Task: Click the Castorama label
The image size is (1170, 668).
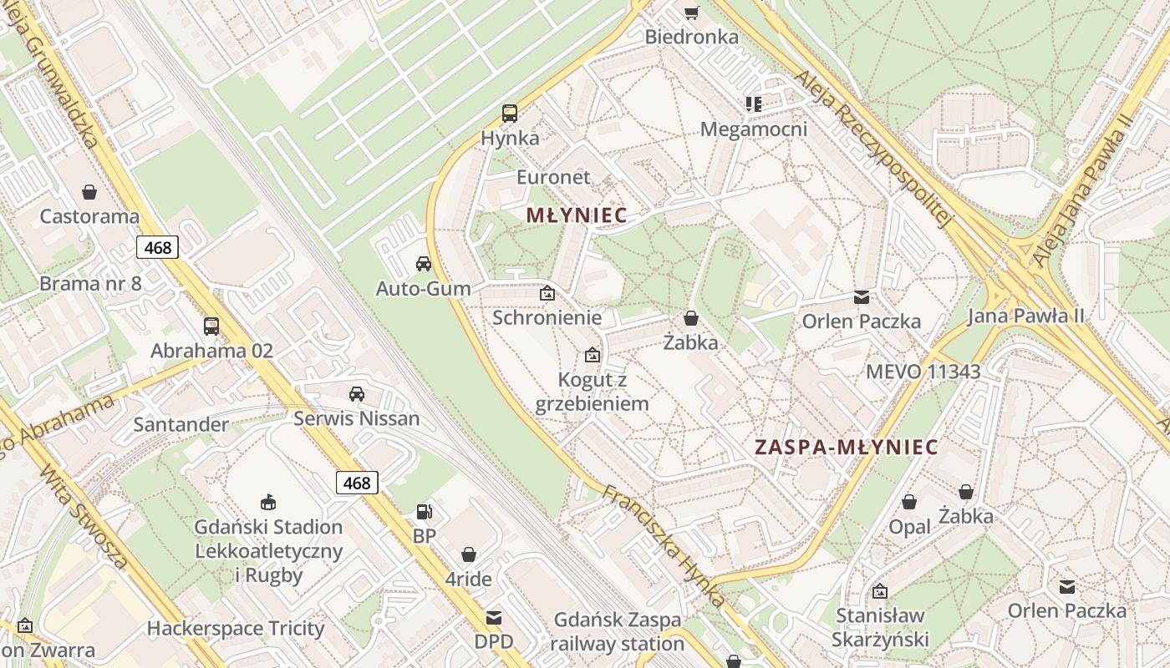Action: tap(89, 216)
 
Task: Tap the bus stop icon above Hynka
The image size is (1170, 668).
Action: tap(509, 114)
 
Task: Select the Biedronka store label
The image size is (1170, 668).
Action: tap(692, 37)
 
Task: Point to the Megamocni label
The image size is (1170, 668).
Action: tap(754, 129)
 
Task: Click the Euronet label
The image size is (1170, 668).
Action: tap(553, 177)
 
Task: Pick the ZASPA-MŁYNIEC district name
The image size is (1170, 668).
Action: tap(847, 447)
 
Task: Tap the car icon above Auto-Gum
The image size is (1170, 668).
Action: tap(424, 264)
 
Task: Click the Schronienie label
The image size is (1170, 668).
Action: tap(547, 317)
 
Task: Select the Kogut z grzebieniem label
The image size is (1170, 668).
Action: tap(592, 392)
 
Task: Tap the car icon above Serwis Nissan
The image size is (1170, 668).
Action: tap(357, 393)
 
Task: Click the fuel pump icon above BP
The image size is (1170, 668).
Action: tap(425, 511)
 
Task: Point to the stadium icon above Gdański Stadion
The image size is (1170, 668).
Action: tap(268, 502)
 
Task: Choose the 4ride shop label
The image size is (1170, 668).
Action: tap(468, 579)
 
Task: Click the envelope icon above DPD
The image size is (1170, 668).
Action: tap(494, 618)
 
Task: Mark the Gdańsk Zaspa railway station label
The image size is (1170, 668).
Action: tap(618, 632)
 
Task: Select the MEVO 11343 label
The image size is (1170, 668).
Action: tap(923, 372)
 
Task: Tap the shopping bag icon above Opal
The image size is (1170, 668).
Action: tap(909, 502)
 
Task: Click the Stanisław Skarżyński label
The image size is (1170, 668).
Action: tap(880, 628)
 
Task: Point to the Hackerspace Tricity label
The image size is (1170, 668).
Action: tap(236, 628)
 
